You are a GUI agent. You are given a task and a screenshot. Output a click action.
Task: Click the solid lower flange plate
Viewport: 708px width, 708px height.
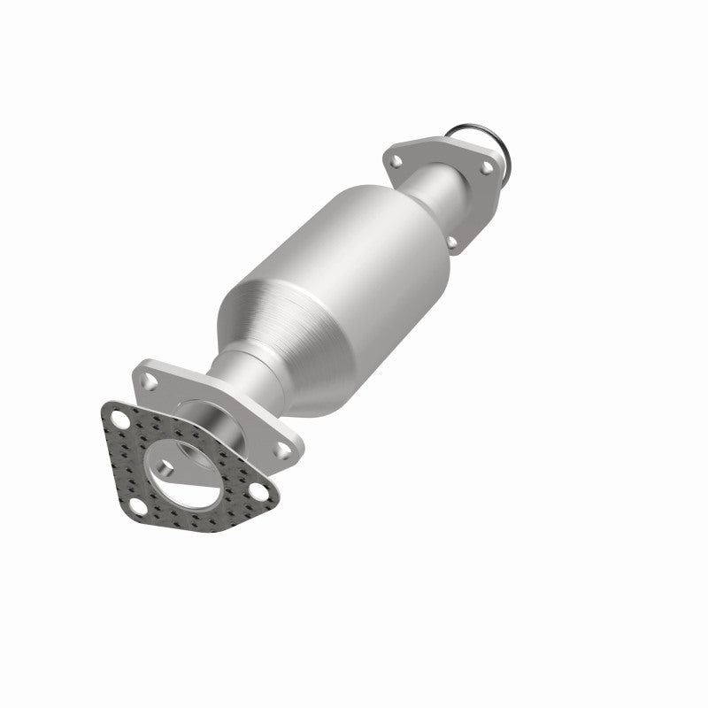point(265,425)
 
